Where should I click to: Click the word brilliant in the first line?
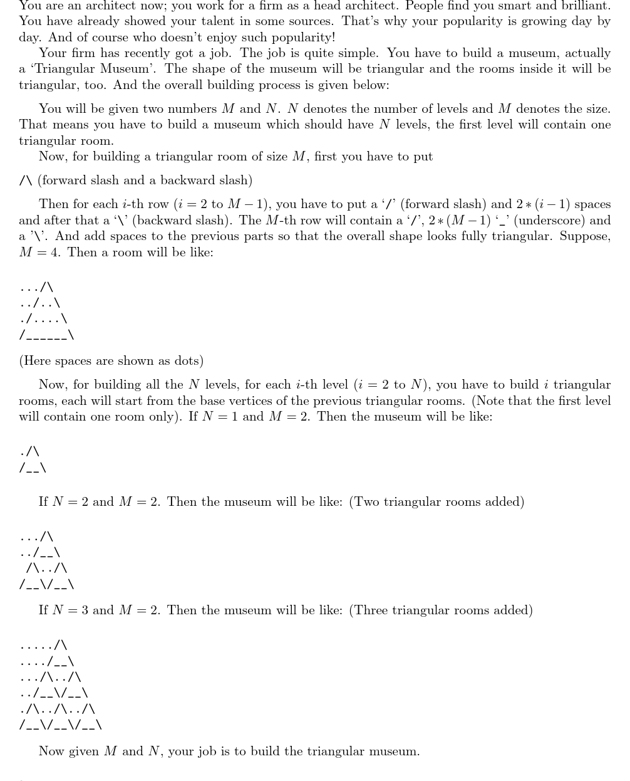[x=585, y=6]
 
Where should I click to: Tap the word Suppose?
[x=585, y=236]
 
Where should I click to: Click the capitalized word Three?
[x=369, y=610]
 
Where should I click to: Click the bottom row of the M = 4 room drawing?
[x=47, y=336]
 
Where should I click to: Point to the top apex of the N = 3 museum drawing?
[x=61, y=644]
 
